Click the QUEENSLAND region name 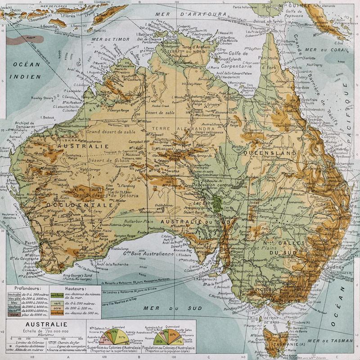(x=270, y=153)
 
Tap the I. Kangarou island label (x=204, y=280)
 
